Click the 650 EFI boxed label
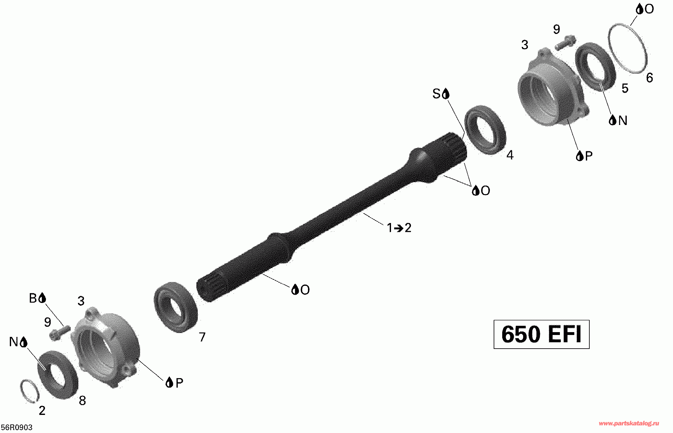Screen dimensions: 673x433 click(x=542, y=334)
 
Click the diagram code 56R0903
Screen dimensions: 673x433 click(x=16, y=428)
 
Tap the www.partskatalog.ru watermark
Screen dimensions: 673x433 click(x=629, y=423)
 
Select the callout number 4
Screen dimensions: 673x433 click(x=510, y=155)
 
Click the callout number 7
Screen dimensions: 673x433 click(x=202, y=337)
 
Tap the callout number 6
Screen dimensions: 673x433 click(x=650, y=78)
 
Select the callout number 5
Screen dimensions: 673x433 click(x=625, y=88)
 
